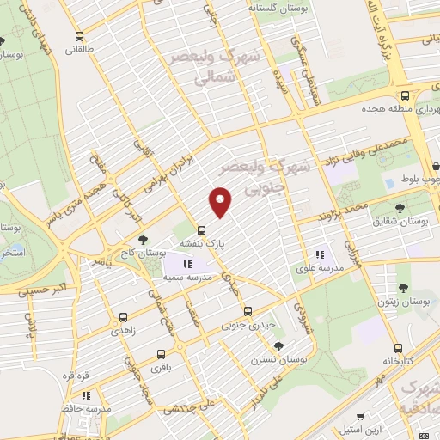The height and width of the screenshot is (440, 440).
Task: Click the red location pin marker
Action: tap(222, 202)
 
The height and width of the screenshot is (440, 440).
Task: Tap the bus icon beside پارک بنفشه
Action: tap(202, 230)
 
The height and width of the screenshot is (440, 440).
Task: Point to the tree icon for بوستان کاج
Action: tap(144, 240)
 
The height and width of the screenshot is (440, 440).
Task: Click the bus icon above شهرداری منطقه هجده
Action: tap(403, 95)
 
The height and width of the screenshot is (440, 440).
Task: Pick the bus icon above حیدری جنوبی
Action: tap(247, 310)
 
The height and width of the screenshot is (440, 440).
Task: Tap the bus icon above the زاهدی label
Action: tap(123, 316)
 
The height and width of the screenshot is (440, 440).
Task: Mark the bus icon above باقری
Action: tap(161, 354)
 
